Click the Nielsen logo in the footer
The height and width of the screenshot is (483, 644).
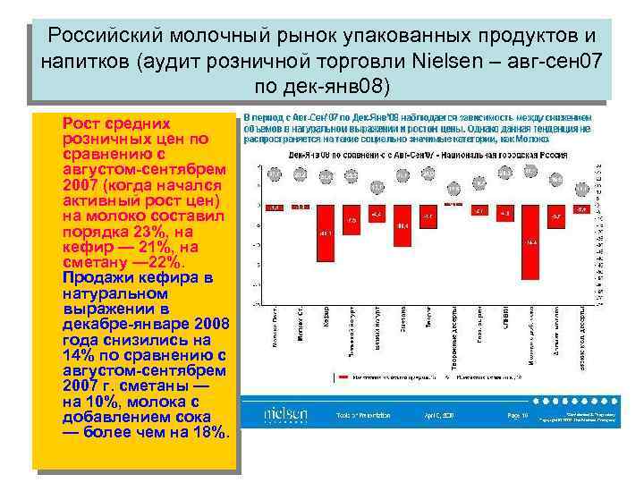point(286,415)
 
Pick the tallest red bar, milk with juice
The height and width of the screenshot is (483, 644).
point(532,245)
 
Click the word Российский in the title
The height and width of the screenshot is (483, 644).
point(105,36)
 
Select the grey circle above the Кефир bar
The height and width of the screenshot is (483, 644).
point(326,176)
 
